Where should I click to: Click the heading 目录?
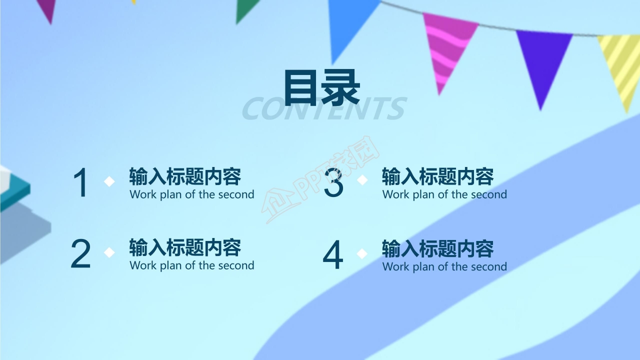click(321, 88)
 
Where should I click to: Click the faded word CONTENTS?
click(323, 109)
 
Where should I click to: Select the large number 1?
click(81, 183)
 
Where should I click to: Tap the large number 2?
click(80, 254)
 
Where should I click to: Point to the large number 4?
click(333, 255)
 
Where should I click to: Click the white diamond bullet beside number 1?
click(109, 181)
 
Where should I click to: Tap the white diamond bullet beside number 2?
click(109, 252)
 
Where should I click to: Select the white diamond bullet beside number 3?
click(362, 180)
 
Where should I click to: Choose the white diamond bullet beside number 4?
click(362, 253)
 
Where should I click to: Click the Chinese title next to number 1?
click(185, 176)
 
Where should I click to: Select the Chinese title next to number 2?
click(185, 247)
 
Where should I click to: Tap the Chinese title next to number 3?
click(438, 176)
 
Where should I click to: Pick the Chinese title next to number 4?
click(438, 248)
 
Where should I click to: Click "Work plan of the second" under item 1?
click(192, 194)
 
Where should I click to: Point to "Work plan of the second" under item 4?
click(444, 266)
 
